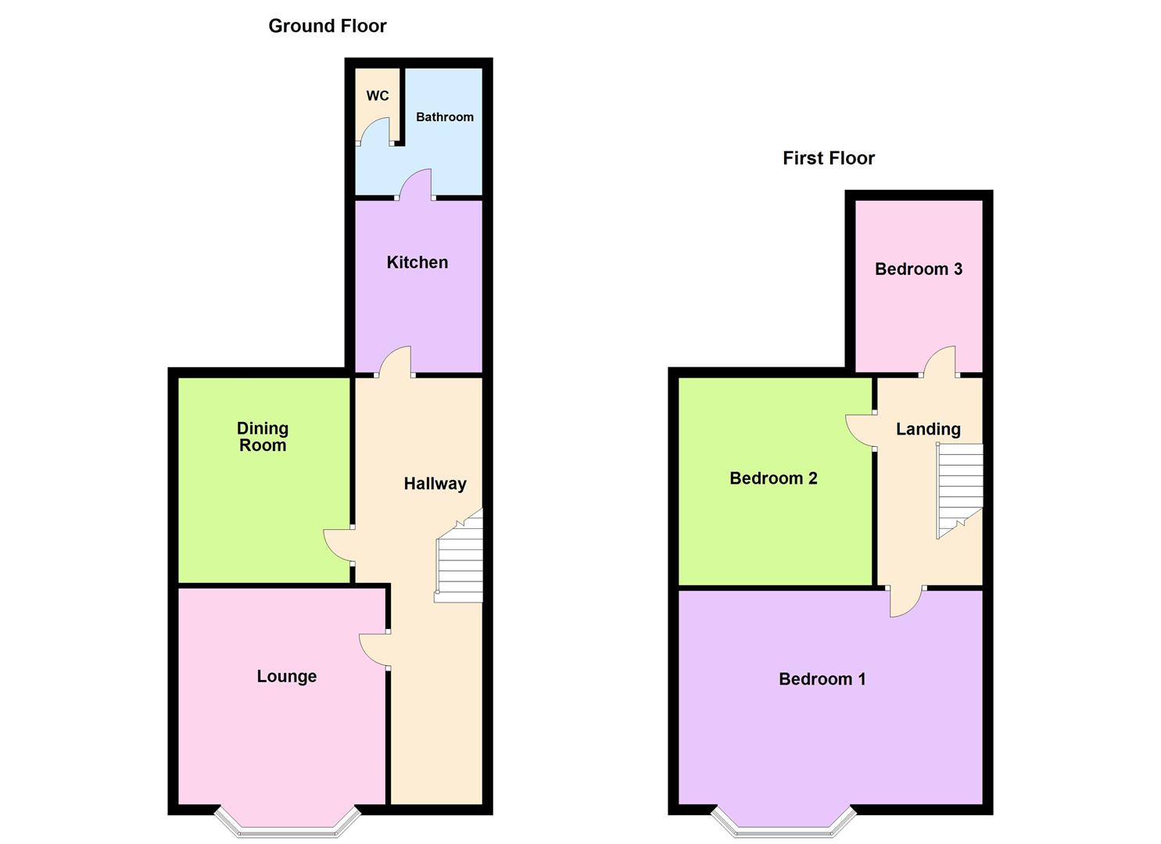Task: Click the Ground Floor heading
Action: pos(327,26)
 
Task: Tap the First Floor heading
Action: pos(828,158)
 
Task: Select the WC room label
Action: pos(378,96)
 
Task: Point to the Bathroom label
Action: pos(445,117)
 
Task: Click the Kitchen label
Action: pos(417,262)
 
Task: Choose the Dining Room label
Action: pos(263,436)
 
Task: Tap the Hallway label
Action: pos(435,484)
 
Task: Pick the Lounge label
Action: pos(287,676)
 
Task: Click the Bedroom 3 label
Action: pos(919,269)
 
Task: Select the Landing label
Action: pos(928,429)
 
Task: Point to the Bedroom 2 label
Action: pos(773,477)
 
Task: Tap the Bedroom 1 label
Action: pos(822,679)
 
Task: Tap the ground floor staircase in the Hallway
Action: pos(459,559)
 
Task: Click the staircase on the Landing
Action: pos(959,490)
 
